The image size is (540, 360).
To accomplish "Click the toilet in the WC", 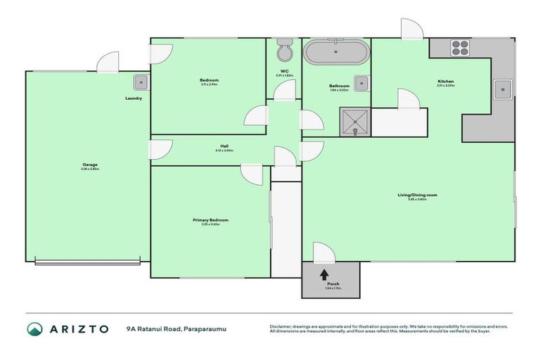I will tap(284, 52).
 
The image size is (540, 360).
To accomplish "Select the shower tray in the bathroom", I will tap(355, 122).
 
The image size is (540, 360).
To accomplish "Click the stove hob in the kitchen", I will tap(460, 48).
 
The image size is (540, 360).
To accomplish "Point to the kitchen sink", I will tap(503, 88).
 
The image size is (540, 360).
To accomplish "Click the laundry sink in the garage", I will tap(141, 82).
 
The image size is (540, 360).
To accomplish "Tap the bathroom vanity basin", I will tap(361, 83).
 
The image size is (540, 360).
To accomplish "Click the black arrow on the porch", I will tap(324, 274).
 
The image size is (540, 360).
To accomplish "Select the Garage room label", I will tap(90, 165).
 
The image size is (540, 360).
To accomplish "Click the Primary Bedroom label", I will tap(210, 221).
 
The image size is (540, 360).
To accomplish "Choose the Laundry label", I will tap(134, 98).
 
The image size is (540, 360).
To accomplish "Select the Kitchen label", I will tap(446, 82).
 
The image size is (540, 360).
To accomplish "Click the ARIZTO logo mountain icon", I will tap(34, 329).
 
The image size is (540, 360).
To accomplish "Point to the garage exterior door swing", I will tap(108, 61).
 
